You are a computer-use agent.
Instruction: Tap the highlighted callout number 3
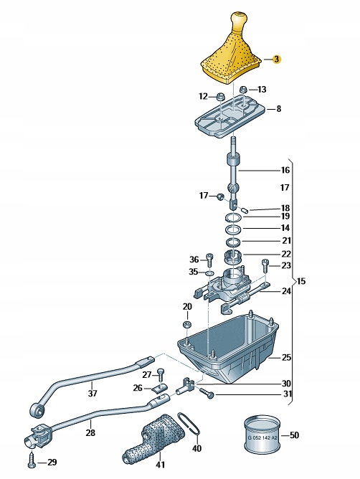click(277, 60)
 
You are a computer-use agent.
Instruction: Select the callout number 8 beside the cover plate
click(278, 109)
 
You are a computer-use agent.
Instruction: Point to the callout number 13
click(261, 89)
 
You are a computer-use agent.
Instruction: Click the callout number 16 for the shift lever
click(285, 171)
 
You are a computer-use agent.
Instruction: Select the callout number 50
click(294, 435)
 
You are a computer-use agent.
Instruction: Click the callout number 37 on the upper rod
click(92, 393)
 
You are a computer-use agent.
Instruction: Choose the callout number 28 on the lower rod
click(91, 432)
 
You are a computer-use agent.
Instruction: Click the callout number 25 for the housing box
click(285, 357)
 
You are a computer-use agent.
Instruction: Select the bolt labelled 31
click(206, 393)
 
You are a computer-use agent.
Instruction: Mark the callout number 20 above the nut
click(186, 307)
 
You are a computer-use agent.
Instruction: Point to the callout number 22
click(285, 254)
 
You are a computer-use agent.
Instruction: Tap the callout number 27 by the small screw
click(146, 374)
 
